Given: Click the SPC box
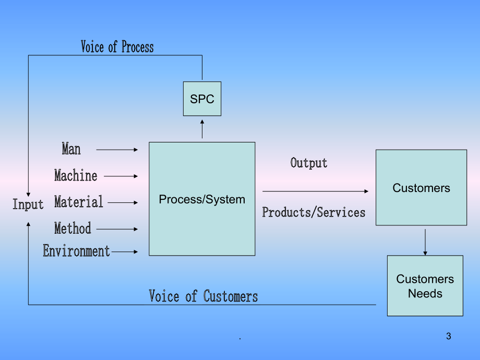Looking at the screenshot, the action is [202, 99].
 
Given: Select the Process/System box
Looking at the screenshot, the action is [202, 199].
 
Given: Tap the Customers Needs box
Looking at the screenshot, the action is [425, 285].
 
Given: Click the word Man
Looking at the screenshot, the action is [71, 149].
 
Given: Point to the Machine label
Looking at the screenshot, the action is [76, 175].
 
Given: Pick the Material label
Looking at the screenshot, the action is [79, 202].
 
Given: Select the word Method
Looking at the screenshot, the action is [73, 229].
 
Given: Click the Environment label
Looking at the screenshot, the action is [76, 251].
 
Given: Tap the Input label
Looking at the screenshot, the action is [28, 204].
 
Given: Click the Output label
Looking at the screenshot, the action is [308, 163].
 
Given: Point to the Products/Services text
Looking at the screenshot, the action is [314, 212].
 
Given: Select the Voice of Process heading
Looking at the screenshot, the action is [117, 47].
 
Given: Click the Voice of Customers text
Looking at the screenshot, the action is [203, 296].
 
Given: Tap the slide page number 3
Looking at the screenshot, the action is [449, 336].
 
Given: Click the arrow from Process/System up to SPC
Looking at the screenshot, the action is [202, 129].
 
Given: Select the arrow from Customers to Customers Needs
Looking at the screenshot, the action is [425, 242].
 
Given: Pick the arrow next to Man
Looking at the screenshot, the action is [117, 150].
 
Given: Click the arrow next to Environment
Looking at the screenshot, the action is [125, 251].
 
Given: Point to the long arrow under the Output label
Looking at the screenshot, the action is [315, 191].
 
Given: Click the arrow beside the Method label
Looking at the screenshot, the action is [117, 229].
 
